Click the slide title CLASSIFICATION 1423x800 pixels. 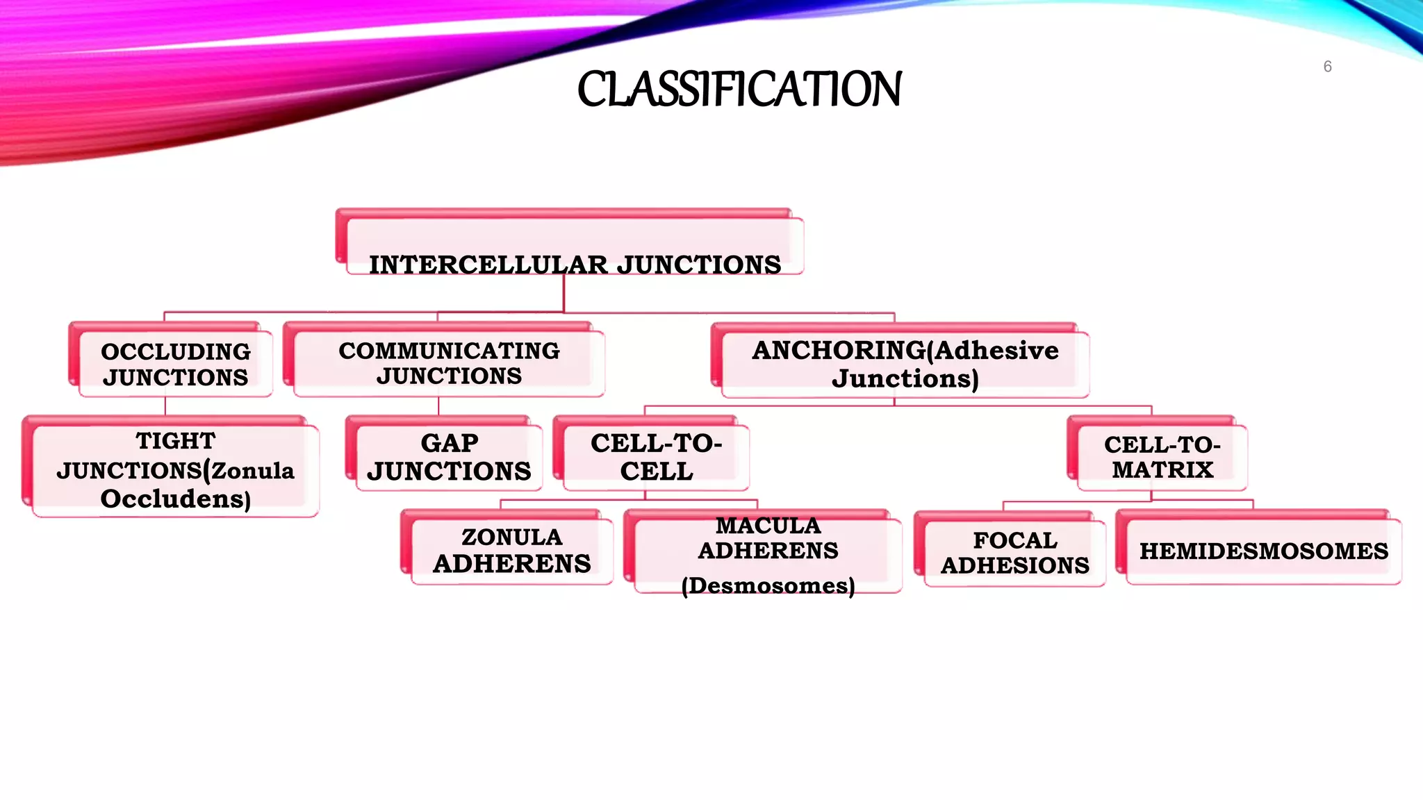coord(739,90)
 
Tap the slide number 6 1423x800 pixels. coord(1327,67)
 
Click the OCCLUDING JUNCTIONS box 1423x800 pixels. coord(176,364)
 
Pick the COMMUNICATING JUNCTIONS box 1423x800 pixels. coord(449,363)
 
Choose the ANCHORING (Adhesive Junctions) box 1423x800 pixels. coord(905,364)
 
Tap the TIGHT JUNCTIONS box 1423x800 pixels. coord(175,470)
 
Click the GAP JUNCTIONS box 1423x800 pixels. coord(449,457)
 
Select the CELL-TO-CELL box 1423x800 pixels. coord(656,457)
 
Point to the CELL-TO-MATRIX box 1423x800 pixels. coord(1162,457)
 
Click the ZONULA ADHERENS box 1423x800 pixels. coord(511,550)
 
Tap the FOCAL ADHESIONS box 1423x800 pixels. coord(1014,552)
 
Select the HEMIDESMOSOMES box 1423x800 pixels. coord(1263,551)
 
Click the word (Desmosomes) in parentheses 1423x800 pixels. coord(768,585)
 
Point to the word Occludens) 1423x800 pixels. coord(175,499)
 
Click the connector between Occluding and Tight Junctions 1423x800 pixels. coord(165,406)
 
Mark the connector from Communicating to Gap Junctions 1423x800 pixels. coord(438,406)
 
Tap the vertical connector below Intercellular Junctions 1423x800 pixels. coord(564,294)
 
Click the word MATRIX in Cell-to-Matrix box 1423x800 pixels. coord(1162,470)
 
